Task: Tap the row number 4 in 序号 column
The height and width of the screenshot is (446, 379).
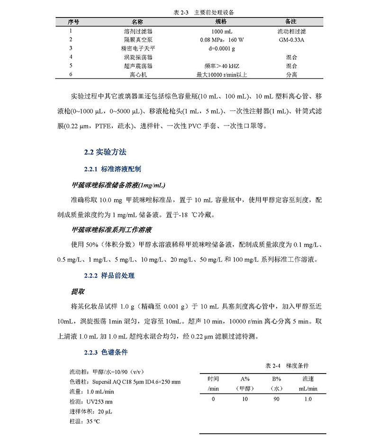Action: pyautogui.click(x=70, y=57)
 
